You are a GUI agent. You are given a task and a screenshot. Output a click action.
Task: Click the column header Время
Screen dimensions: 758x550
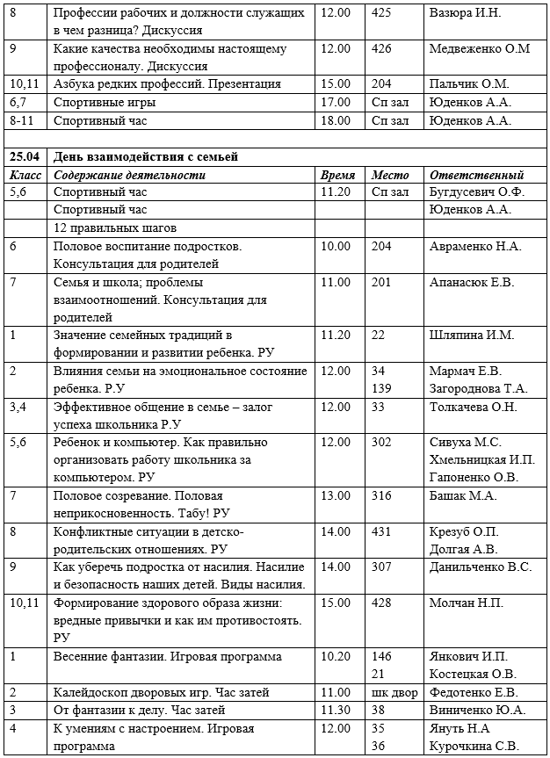338,175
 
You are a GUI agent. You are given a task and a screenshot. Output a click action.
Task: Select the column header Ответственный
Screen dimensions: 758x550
476,175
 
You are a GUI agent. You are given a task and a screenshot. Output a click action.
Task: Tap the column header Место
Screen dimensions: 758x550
389,175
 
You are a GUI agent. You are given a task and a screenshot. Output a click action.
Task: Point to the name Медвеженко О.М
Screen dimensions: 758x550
479,49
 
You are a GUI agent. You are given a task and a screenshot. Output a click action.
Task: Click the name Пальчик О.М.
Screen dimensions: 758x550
469,84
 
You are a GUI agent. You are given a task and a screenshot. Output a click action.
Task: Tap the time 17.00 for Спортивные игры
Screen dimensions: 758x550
337,103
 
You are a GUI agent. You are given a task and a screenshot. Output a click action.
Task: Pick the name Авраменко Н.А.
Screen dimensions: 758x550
475,247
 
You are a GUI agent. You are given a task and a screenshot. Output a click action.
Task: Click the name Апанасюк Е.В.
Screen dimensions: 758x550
472,282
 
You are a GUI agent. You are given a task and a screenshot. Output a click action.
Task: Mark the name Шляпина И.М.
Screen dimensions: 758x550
470,335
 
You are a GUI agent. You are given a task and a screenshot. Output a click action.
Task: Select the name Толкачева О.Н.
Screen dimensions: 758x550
474,407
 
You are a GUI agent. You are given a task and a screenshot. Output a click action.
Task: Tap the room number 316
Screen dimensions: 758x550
381,496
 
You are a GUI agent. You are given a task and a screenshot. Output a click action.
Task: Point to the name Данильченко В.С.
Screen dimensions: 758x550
480,567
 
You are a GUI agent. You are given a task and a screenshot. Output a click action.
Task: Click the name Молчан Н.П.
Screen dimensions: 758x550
467,603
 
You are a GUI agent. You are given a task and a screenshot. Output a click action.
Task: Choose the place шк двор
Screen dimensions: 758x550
394,693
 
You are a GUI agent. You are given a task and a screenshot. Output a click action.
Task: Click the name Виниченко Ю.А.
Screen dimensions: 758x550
475,711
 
